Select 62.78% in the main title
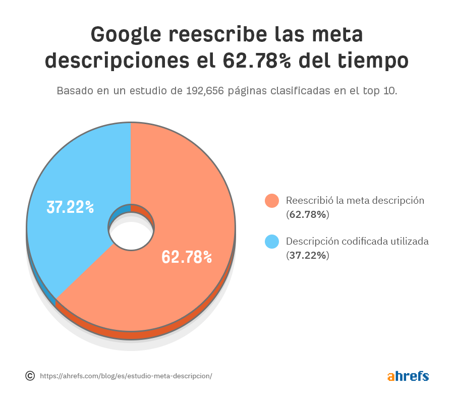pyautogui.click(x=257, y=61)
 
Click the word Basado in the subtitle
pyautogui.click(x=74, y=91)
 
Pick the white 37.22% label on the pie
pyautogui.click(x=70, y=207)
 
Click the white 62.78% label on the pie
pyautogui.click(x=187, y=257)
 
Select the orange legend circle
pyautogui.click(x=272, y=201)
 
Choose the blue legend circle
pyautogui.click(x=272, y=242)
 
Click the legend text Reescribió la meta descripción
pyautogui.click(x=355, y=200)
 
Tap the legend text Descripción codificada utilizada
pyautogui.click(x=357, y=241)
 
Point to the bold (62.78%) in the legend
pyautogui.click(x=308, y=214)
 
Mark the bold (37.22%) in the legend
pyautogui.click(x=308, y=255)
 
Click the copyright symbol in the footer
pyautogui.click(x=30, y=376)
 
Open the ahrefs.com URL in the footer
pyautogui.click(x=126, y=376)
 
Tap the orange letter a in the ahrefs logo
pyautogui.click(x=391, y=377)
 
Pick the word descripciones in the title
pyautogui.click(x=116, y=61)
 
